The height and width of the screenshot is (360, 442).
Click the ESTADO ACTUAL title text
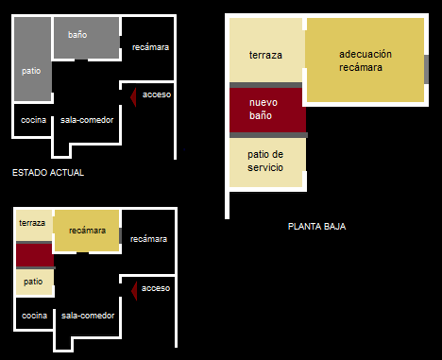(48, 173)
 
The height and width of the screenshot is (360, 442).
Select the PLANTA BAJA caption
(316, 227)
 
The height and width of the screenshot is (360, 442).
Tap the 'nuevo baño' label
(263, 109)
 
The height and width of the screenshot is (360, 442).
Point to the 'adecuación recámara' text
(365, 60)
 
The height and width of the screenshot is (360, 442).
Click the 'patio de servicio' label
(265, 161)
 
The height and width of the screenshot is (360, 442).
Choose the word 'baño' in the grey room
(77, 35)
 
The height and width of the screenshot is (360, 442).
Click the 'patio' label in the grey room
(31, 71)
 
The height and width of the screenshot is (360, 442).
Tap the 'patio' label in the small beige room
(33, 282)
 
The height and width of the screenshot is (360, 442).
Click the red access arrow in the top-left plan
(133, 97)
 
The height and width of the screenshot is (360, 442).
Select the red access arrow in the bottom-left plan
(134, 291)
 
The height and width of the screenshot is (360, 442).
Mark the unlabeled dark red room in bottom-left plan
(35, 255)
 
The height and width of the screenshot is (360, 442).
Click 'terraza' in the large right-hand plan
(265, 55)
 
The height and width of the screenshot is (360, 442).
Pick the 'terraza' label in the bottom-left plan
(32, 223)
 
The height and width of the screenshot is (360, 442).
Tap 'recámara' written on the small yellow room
(87, 231)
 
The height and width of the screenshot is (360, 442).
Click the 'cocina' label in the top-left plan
(33, 120)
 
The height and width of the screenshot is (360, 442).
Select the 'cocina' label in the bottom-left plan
(34, 316)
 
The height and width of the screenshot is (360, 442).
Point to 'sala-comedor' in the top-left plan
(87, 120)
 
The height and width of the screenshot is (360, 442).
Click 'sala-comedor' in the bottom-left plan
(88, 316)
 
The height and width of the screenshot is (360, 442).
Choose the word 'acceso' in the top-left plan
(157, 94)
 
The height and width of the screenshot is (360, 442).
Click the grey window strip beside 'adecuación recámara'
(426, 69)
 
